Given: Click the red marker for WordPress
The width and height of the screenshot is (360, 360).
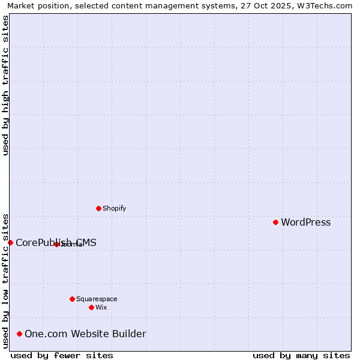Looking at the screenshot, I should (x=275, y=222).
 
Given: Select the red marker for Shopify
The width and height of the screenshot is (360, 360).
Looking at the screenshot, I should (x=98, y=208).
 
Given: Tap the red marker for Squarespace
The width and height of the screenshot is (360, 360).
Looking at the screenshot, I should (x=72, y=299).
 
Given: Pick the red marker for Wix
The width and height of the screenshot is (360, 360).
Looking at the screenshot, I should (x=91, y=307).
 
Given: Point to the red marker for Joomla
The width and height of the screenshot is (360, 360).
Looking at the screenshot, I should (x=56, y=244).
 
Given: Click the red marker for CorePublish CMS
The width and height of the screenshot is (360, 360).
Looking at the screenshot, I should (x=10, y=242).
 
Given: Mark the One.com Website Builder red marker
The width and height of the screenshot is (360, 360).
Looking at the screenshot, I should (x=19, y=334).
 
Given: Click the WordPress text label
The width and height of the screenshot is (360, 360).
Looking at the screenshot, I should (x=305, y=223).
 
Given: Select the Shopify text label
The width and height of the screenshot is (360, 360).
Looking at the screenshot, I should (x=114, y=209).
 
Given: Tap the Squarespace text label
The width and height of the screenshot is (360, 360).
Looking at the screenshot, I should (x=97, y=299).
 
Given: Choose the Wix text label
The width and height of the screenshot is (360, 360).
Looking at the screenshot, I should (x=101, y=307).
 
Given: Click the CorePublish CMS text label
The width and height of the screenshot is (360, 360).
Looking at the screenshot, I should (x=56, y=243).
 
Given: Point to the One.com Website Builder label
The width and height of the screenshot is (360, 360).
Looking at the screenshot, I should (x=85, y=334).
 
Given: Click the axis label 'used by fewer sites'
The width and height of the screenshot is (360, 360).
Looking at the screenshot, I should (x=62, y=355).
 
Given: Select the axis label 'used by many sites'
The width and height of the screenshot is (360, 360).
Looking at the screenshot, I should (x=301, y=355).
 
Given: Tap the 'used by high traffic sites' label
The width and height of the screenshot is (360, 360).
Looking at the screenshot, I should (x=5, y=85).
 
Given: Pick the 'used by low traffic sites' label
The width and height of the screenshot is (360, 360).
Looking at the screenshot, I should (x=5, y=280).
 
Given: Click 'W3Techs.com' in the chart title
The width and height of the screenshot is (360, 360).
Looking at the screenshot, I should (x=328, y=5).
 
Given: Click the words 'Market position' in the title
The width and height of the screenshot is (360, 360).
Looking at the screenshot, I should (x=35, y=5).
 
